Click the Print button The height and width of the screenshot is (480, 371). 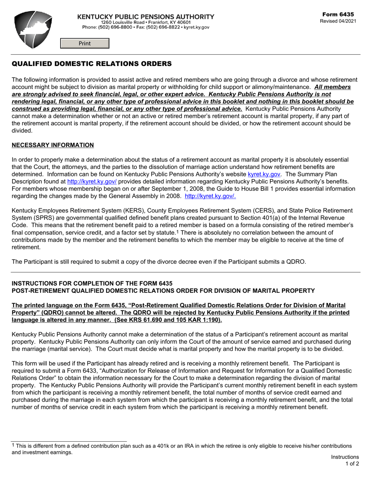(85, 43)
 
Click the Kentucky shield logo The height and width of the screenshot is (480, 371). (33, 30)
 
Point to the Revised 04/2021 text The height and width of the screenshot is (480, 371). (338, 21)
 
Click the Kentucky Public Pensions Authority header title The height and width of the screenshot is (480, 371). (146, 17)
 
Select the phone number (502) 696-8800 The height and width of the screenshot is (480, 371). (114, 27)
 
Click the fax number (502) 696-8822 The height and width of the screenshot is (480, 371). (163, 27)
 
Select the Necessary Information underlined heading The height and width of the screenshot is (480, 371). (53, 145)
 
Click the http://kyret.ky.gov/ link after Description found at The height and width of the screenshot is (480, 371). (92, 181)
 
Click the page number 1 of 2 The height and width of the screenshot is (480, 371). (352, 464)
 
